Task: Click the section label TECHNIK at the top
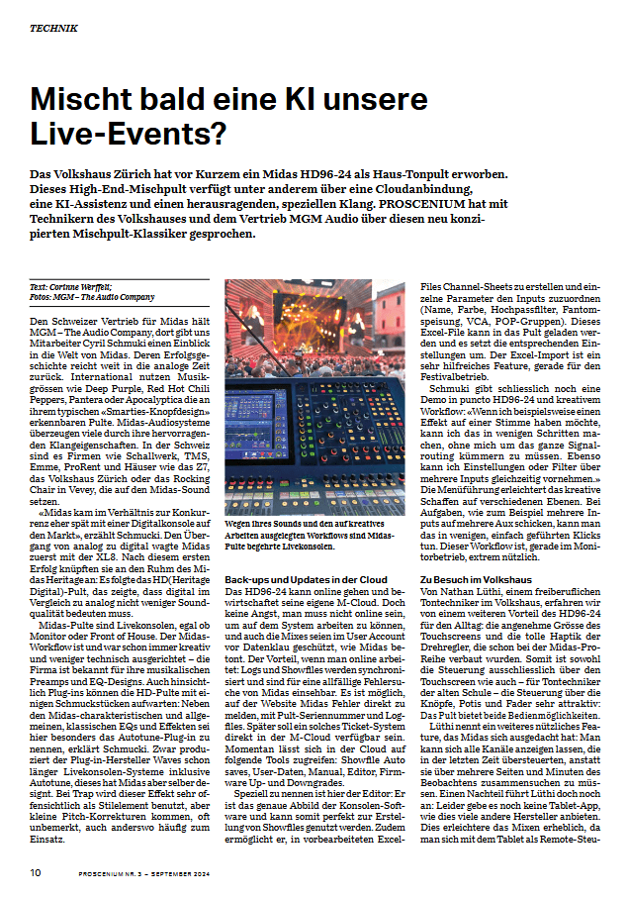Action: [x=53, y=28]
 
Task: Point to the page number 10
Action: [x=35, y=872]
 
